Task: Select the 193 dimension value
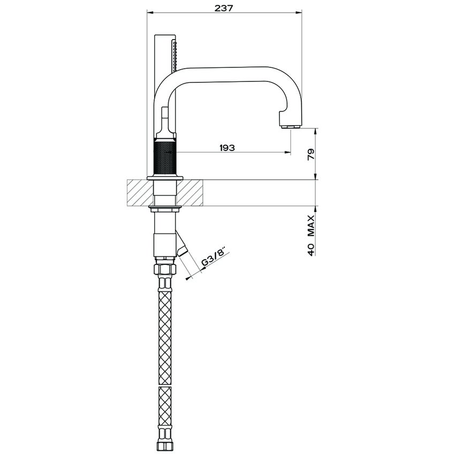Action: (227, 148)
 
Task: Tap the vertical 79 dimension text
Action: (311, 154)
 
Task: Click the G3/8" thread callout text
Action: (214, 256)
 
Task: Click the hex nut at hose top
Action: (165, 268)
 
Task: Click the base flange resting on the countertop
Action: (165, 177)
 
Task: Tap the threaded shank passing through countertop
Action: (165, 193)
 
